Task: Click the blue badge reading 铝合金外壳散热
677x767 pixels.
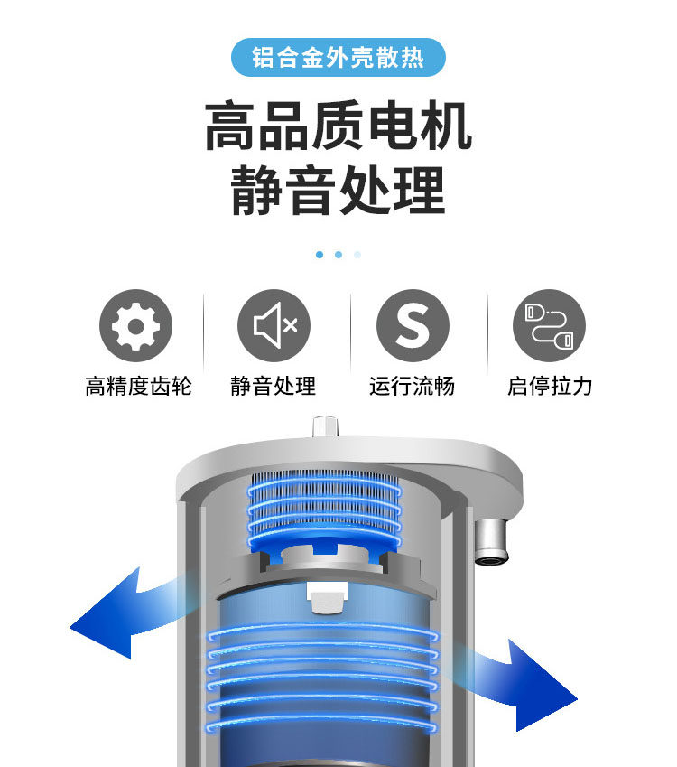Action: tap(338, 58)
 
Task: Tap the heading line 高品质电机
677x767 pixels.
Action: tap(338, 127)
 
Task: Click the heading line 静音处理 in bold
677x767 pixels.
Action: tap(338, 191)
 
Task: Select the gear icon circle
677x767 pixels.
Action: tap(135, 325)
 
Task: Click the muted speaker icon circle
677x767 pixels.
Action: tap(274, 325)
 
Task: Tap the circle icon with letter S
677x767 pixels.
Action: tap(413, 325)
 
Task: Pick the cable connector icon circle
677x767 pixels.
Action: tap(549, 325)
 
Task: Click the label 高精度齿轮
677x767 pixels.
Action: tap(138, 387)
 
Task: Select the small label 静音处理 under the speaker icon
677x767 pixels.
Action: tap(274, 387)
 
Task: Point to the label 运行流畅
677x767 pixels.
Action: tap(412, 387)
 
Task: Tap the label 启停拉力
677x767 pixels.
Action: tap(550, 387)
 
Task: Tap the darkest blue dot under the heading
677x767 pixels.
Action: tap(320, 255)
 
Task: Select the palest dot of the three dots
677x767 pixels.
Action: tap(357, 255)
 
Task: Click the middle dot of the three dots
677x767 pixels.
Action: tap(338, 255)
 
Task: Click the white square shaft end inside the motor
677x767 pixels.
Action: tap(327, 595)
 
